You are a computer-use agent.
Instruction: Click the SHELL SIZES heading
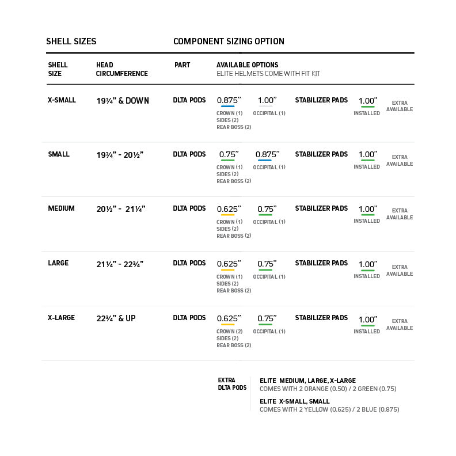[71, 41]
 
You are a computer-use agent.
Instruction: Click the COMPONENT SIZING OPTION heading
[229, 41]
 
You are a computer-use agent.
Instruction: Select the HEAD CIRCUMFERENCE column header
[121, 69]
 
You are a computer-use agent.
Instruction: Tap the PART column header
[182, 65]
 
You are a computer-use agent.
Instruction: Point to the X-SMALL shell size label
[61, 100]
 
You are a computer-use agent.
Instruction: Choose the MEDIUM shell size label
[61, 208]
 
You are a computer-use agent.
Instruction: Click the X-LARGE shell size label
[61, 318]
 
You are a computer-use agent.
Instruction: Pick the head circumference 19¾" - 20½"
[120, 155]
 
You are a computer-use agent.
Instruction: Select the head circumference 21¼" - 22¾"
[120, 264]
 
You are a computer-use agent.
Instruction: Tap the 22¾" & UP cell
[116, 318]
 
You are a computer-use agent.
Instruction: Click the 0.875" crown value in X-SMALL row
[229, 100]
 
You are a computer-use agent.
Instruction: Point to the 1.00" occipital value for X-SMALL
[267, 100]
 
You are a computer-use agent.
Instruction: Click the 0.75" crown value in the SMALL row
[229, 154]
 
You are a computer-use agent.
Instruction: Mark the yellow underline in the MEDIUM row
[227, 215]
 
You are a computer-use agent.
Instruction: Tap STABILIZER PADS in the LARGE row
[321, 263]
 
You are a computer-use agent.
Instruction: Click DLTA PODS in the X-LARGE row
[189, 318]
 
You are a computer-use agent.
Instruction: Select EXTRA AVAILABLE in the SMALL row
[399, 161]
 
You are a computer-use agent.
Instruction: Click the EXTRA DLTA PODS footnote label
[232, 384]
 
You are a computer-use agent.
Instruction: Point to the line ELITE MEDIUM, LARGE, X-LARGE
[307, 381]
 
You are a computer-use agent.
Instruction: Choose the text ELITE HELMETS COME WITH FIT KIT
[268, 74]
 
